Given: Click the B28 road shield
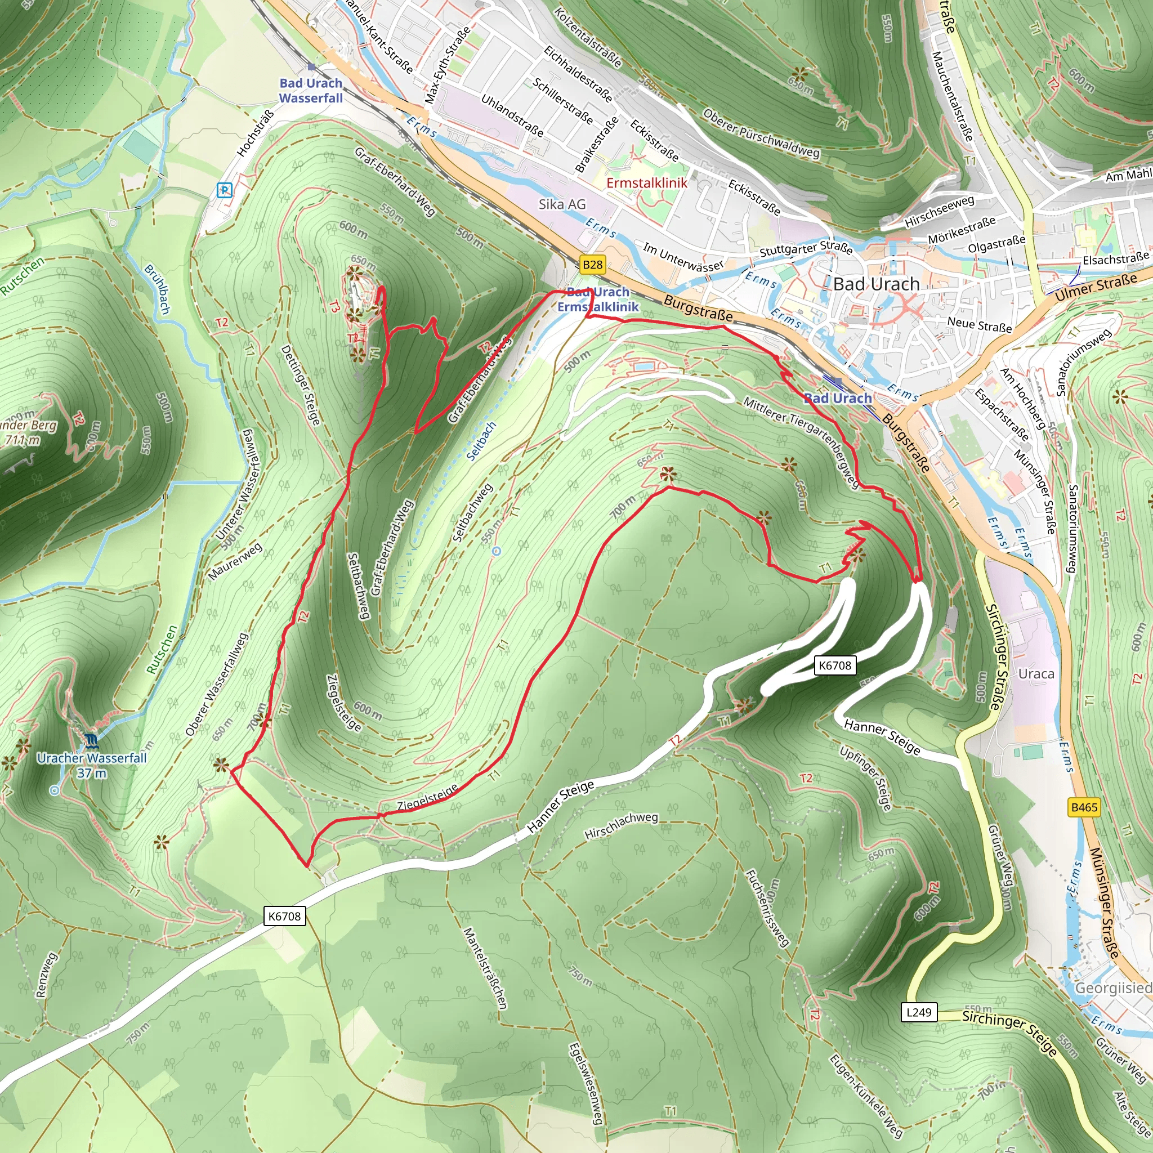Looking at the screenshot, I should (x=592, y=265).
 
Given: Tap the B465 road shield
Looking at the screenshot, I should (x=1084, y=807).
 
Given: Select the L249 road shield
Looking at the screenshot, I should (x=918, y=1012).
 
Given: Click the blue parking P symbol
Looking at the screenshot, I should (x=225, y=190).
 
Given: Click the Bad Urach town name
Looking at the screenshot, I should (x=876, y=284).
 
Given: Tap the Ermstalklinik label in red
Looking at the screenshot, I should (x=646, y=182).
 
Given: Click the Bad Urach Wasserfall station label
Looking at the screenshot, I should (x=311, y=91).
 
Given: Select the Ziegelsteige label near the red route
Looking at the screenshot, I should (x=427, y=797).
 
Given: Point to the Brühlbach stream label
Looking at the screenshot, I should (x=158, y=289).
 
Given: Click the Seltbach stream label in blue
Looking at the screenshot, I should (x=481, y=441).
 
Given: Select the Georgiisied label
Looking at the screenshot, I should (x=1112, y=988).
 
